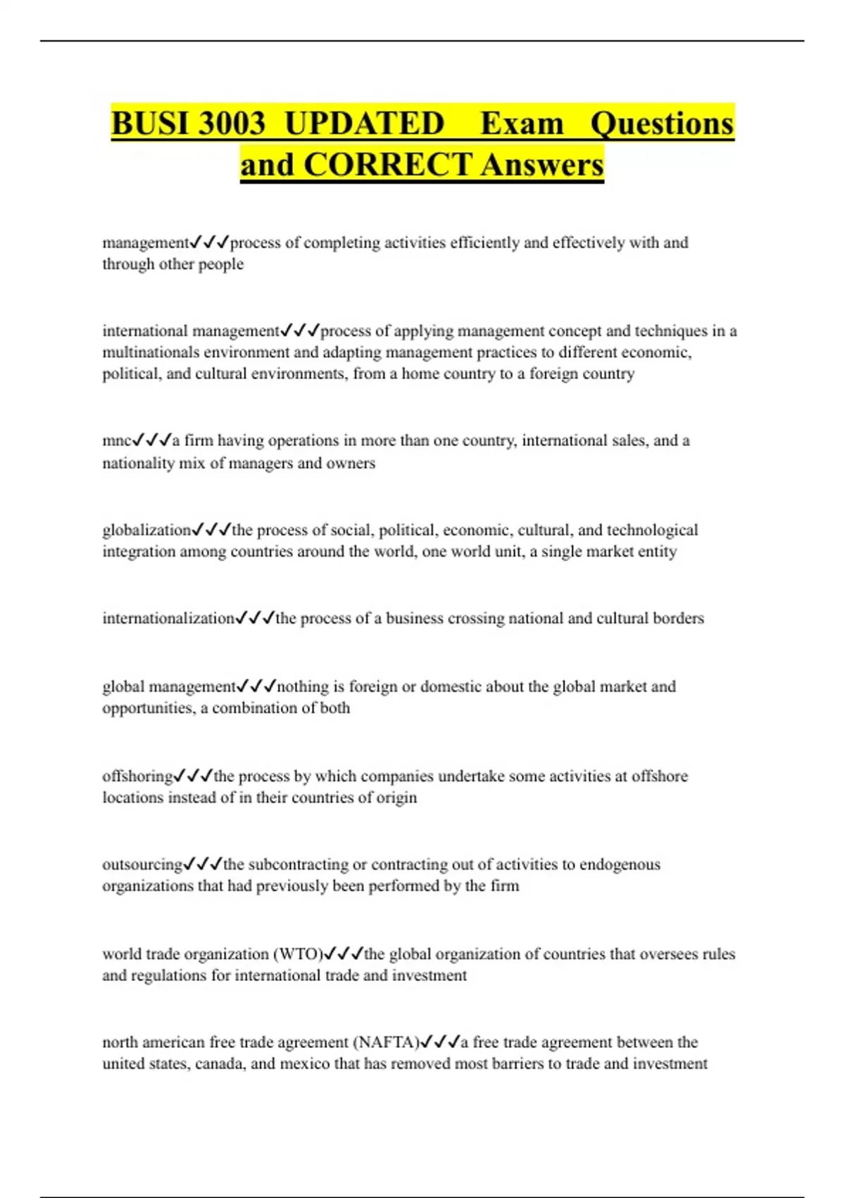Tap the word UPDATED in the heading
click(364, 123)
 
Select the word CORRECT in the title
click(387, 165)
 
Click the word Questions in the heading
click(662, 123)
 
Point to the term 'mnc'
click(117, 441)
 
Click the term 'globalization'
click(146, 530)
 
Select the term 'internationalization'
click(168, 618)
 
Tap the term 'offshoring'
click(137, 776)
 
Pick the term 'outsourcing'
click(142, 864)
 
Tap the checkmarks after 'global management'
click(256, 686)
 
